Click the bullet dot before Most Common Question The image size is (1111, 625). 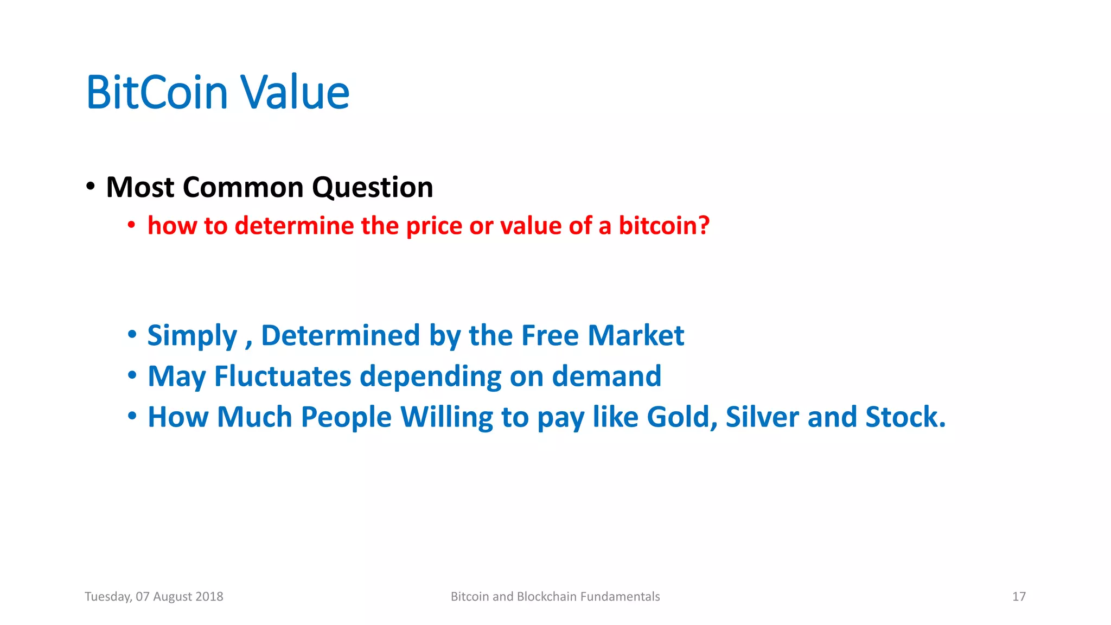(91, 187)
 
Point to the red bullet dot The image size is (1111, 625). (131, 225)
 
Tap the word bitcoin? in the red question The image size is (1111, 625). (664, 226)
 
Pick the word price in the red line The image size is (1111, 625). (433, 227)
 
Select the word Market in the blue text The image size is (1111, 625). (636, 335)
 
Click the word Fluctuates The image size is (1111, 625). (283, 376)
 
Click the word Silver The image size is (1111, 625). (762, 417)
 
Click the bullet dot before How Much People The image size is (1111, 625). (132, 416)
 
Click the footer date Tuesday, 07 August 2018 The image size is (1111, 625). (154, 597)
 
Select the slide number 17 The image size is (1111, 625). (1019, 597)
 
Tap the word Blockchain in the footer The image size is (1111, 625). (546, 597)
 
